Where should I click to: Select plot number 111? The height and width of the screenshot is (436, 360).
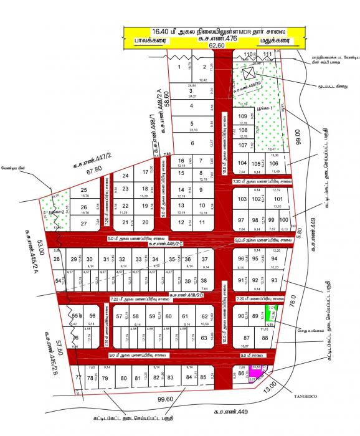[x=268, y=55]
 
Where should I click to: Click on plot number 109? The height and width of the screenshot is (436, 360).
[x=243, y=116]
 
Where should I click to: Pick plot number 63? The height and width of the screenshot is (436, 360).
[x=203, y=338]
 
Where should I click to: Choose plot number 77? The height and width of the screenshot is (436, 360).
[x=78, y=378]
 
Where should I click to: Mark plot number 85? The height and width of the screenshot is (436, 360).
[x=203, y=377]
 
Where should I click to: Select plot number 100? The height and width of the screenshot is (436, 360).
[x=283, y=220]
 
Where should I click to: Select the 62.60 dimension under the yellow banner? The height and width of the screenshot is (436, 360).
[x=216, y=45]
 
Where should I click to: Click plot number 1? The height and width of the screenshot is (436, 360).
[x=180, y=67]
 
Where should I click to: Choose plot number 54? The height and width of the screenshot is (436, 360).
[x=58, y=281]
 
